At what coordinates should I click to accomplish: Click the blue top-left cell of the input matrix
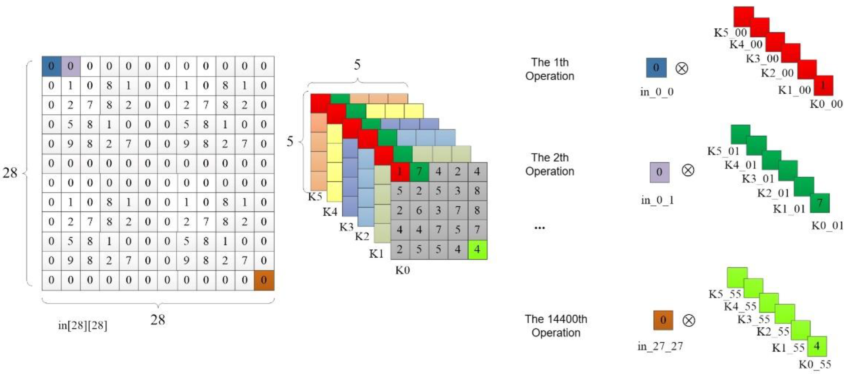coord(51,66)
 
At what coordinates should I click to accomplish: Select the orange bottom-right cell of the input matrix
coord(264,280)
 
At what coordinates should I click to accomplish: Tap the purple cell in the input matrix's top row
coord(71,66)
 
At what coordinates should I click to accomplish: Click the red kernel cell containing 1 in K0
coord(400,172)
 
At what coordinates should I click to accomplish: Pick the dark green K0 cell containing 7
coord(419,172)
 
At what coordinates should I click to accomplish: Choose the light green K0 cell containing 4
coord(477,249)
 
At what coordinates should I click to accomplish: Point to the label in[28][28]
coord(82,325)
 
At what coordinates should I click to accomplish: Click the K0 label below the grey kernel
coord(402,270)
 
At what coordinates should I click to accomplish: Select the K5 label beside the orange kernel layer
coord(315,196)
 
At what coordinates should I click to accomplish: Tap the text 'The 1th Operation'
coord(550,69)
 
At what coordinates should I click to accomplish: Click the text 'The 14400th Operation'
coord(556,326)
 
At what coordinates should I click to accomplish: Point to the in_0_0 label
coord(657,92)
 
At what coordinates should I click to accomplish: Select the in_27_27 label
coord(660,346)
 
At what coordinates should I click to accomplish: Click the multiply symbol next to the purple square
coord(688,171)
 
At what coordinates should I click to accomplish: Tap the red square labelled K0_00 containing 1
coord(823,86)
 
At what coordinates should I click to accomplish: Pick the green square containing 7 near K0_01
coord(820,203)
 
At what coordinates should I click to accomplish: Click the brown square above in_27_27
coord(663,320)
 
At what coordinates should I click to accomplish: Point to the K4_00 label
coord(746,44)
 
